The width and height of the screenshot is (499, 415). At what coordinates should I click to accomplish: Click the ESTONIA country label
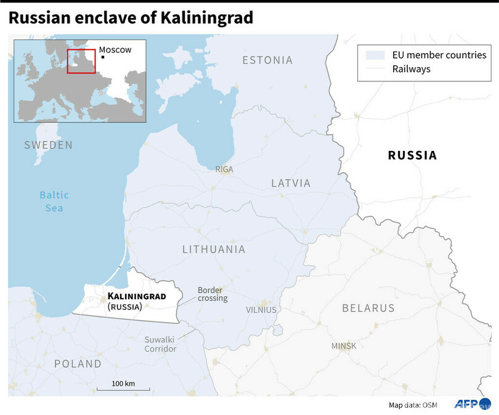click(267, 60)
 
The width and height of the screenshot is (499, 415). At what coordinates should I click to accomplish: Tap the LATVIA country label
click(291, 183)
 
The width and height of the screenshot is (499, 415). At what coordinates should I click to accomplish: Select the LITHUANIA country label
click(214, 249)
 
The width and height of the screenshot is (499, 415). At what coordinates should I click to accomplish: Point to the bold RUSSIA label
click(412, 156)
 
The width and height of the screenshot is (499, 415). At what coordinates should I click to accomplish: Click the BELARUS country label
click(368, 307)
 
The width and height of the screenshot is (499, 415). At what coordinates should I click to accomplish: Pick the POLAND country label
click(77, 364)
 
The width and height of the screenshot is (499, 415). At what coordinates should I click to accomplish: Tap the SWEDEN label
click(48, 145)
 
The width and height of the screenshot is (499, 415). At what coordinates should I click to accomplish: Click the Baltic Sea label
click(54, 201)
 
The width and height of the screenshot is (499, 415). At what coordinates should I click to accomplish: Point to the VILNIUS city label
click(261, 310)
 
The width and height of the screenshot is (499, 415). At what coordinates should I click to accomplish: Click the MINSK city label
click(344, 346)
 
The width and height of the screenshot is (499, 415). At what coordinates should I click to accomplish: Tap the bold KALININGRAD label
click(137, 296)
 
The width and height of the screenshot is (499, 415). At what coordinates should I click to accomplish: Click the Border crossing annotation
click(213, 294)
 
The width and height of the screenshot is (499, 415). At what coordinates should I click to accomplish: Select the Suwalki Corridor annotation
click(160, 344)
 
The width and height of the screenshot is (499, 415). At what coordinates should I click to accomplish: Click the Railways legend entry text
click(411, 69)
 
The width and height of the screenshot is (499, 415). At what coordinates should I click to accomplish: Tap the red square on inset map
click(81, 61)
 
